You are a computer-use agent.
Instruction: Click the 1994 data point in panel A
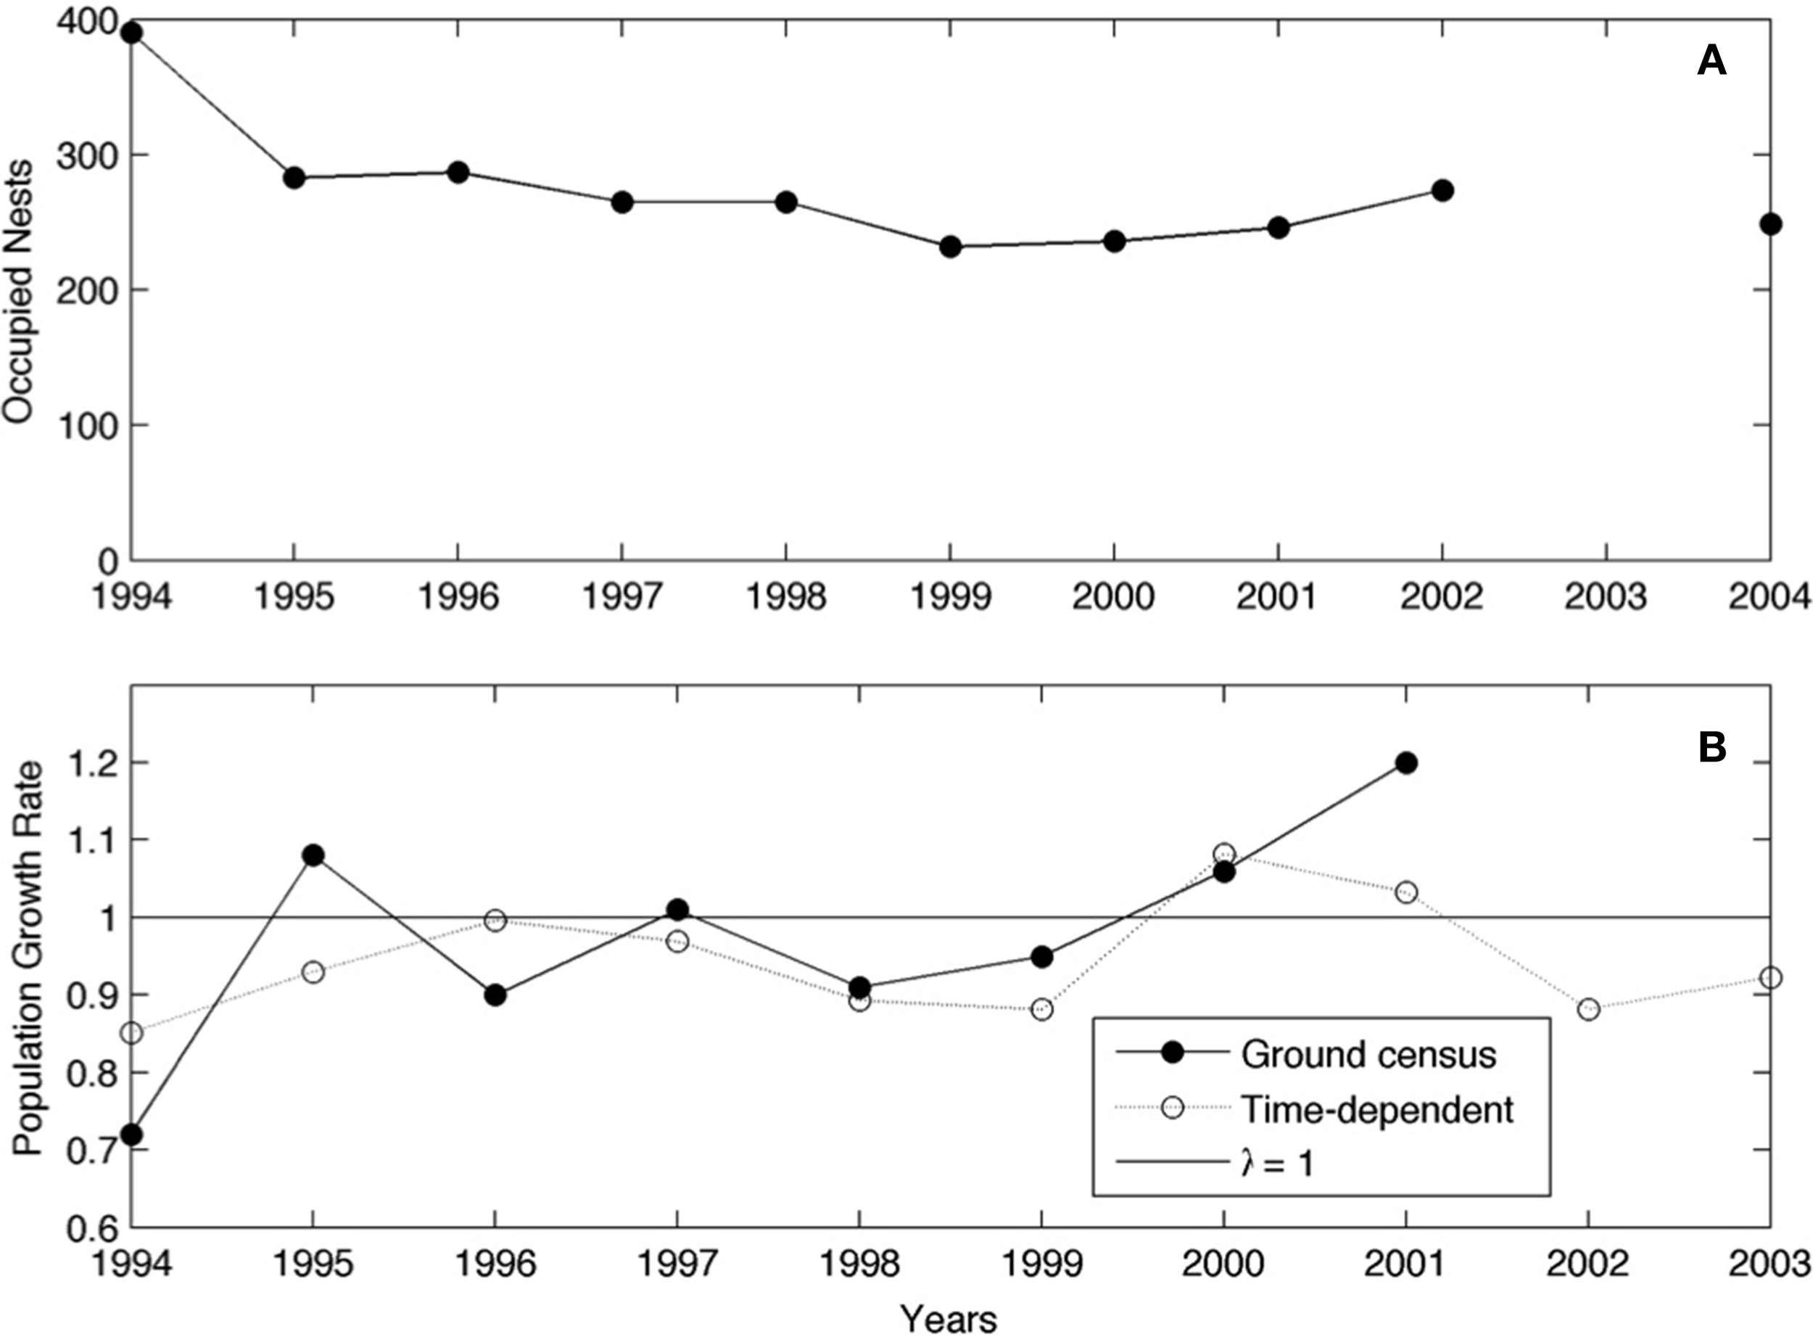click(132, 33)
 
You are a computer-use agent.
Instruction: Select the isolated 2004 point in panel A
click(1770, 224)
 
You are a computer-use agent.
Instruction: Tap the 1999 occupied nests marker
click(951, 247)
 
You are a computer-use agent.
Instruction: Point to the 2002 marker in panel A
click(1442, 191)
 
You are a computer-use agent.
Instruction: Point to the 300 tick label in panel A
click(83, 155)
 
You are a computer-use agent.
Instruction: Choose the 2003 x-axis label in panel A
click(1605, 597)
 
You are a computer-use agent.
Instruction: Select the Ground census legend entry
click(1367, 1055)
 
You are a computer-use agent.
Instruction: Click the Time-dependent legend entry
click(1375, 1108)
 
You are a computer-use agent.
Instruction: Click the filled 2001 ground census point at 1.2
click(1406, 763)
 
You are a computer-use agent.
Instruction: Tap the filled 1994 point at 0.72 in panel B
click(132, 1135)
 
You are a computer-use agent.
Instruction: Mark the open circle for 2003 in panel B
click(1770, 978)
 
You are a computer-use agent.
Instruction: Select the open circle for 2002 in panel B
click(1588, 1010)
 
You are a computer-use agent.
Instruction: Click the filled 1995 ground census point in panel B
click(314, 855)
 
